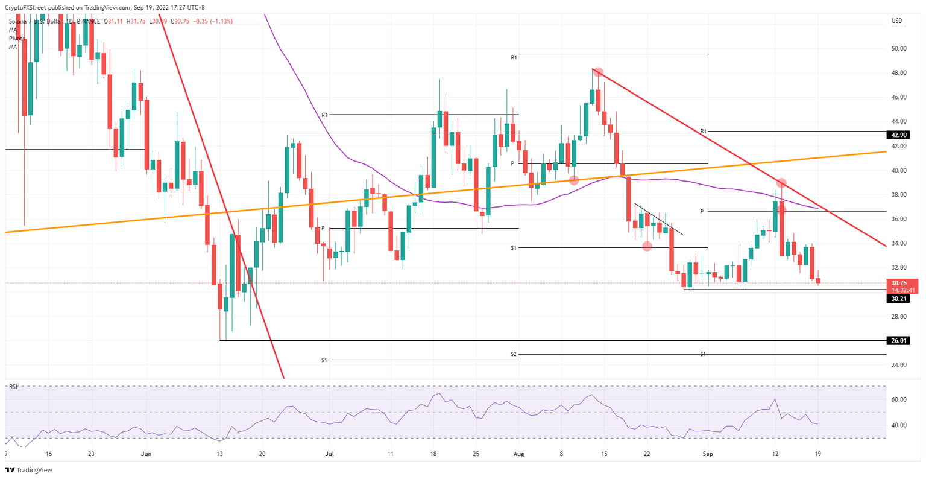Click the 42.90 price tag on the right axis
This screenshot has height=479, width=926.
899,135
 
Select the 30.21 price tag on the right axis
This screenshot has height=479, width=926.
899,299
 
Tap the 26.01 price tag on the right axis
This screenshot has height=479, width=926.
899,341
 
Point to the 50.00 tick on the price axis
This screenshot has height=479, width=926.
899,48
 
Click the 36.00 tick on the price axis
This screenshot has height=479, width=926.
899,219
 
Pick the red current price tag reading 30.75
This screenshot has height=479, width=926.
899,283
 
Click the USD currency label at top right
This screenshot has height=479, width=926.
897,21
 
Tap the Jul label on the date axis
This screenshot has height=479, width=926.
329,453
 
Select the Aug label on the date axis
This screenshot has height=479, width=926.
518,453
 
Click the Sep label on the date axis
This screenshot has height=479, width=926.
708,453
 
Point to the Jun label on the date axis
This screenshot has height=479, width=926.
146,453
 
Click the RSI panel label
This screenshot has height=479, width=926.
13,387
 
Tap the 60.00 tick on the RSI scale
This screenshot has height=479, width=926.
899,399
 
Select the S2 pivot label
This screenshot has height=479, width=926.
514,354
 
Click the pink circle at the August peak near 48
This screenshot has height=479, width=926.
597,72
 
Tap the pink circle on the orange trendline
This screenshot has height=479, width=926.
574,180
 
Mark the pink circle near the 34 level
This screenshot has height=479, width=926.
647,246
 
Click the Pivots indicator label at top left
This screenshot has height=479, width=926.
16,38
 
